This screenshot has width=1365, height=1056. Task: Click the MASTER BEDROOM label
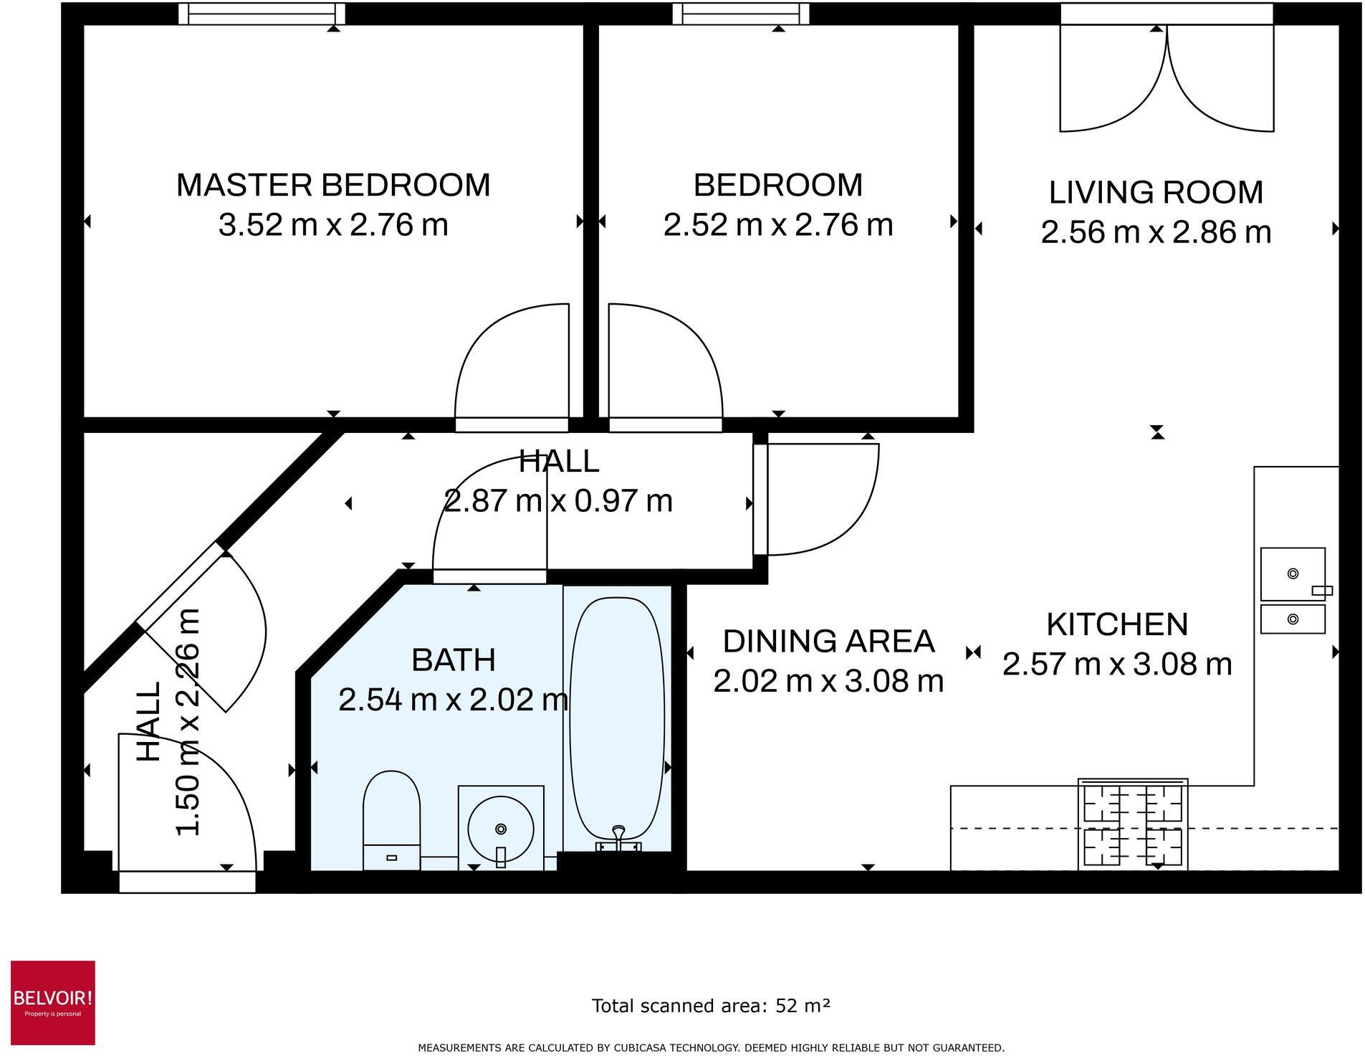tap(333, 185)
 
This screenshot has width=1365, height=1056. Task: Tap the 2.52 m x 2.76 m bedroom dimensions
tap(778, 225)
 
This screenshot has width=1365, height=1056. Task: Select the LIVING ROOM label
tap(1156, 192)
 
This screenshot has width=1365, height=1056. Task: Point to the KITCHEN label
tap(1117, 624)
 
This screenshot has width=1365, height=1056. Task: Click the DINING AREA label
tap(828, 641)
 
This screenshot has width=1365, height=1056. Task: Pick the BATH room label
tap(454, 660)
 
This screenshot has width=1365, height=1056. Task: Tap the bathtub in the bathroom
tap(617, 720)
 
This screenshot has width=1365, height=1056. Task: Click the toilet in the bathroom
tap(391, 819)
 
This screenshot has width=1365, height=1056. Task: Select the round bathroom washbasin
tap(501, 829)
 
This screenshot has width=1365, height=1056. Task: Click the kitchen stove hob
tap(1133, 824)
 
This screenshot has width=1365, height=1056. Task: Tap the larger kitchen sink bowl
tap(1293, 574)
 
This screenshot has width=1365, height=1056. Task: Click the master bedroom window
tap(262, 14)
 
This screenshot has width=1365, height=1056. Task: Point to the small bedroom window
tap(741, 14)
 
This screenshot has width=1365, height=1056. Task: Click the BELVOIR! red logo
tap(53, 1002)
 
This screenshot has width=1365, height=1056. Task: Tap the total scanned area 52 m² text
tap(711, 1006)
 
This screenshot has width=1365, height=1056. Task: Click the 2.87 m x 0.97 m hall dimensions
tap(558, 500)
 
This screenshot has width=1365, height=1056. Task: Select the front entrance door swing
tap(186, 803)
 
